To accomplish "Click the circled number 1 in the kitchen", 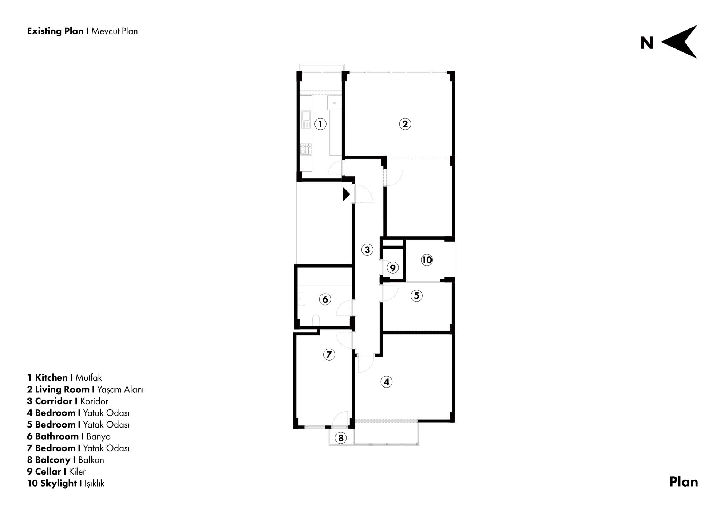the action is pyautogui.click(x=320, y=124).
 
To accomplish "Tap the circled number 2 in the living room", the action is pyautogui.click(x=405, y=124).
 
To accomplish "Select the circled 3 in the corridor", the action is pyautogui.click(x=367, y=249).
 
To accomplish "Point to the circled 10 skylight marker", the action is pyautogui.click(x=427, y=260).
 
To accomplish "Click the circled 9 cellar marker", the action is pyautogui.click(x=392, y=268).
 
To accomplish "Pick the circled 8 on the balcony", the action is pyautogui.click(x=341, y=438).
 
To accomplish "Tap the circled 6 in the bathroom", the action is pyautogui.click(x=325, y=299).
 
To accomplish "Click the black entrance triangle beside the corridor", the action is pyautogui.click(x=346, y=194).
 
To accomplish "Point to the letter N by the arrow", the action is pyautogui.click(x=647, y=43).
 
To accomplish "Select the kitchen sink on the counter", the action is pyautogui.click(x=306, y=120).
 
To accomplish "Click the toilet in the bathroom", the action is pyautogui.click(x=316, y=321).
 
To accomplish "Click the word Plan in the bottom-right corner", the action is pyautogui.click(x=684, y=482).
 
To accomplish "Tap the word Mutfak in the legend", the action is pyautogui.click(x=88, y=378).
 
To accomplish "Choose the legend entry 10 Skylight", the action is pyautogui.click(x=52, y=483).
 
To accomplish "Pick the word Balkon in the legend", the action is pyautogui.click(x=91, y=460).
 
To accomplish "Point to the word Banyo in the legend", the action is pyautogui.click(x=98, y=436).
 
